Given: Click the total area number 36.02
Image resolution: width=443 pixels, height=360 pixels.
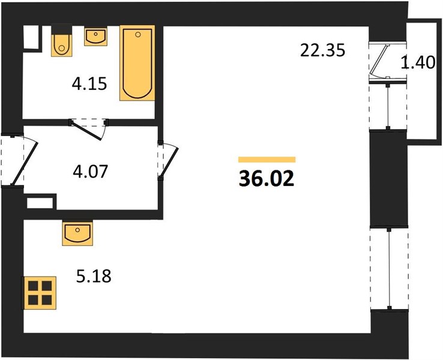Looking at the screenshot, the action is coord(267,179).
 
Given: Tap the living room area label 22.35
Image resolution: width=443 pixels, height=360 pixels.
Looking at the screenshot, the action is coord(322,50).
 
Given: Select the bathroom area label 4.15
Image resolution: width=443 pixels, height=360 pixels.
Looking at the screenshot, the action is coord(89,84).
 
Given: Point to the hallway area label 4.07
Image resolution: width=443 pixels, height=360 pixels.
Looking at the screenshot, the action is coord(91,172).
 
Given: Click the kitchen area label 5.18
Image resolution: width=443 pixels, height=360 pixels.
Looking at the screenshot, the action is coord(94,276).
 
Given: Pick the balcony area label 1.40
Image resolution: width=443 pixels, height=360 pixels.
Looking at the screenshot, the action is coord(418,62).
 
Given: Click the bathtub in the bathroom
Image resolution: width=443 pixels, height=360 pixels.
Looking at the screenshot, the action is coord(137,63).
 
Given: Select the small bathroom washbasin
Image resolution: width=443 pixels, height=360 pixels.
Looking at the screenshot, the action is coord(96,37).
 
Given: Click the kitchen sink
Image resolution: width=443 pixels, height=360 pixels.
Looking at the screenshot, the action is coord(77,233).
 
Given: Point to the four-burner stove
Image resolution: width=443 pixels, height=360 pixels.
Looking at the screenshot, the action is coord(40,293).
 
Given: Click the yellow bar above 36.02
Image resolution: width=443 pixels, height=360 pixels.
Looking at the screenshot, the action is coord(267,160).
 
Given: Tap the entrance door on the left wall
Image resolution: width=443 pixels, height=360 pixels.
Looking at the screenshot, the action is coord(23,160).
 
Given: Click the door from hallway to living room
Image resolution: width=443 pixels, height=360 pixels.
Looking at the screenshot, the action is coord(168,161).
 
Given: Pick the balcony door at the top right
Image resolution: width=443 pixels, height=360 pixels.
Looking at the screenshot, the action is coord(379,61).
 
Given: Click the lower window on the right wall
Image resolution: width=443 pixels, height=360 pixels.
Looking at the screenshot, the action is coord(390,268).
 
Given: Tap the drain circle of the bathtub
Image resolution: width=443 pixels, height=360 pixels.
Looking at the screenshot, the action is coord(138,35).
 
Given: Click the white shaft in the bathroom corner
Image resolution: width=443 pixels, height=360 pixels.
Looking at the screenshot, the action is coord(31,38).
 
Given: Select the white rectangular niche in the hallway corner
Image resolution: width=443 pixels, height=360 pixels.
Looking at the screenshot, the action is coord(40,203).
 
